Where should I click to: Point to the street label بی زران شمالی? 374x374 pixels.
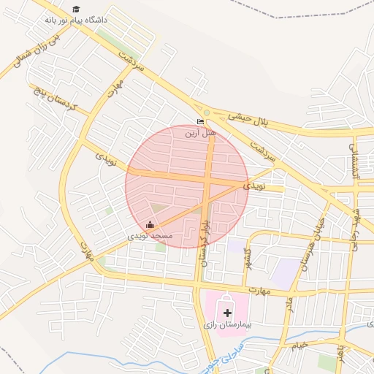[27, 52]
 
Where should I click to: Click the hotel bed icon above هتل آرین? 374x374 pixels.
[201, 122]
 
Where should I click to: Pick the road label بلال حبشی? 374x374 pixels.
[248, 118]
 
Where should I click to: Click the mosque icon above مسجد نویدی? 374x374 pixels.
[150, 225]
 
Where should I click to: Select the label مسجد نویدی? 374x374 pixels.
[150, 237]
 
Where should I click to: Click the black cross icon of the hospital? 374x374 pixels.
[227, 312]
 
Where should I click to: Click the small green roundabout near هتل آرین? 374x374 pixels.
[207, 112]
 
